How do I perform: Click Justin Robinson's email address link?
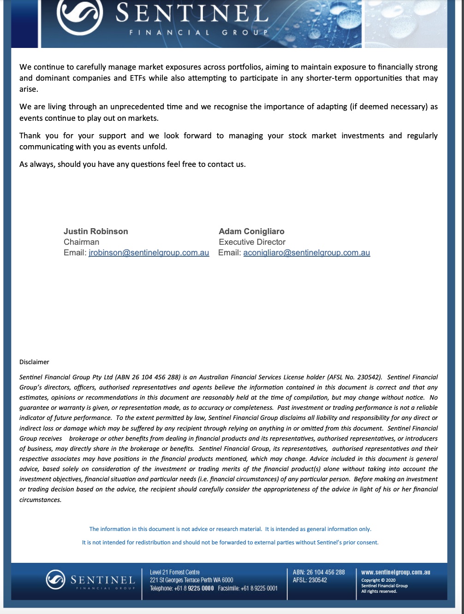[149, 253]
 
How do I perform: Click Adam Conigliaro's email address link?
[306, 253]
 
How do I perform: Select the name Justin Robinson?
[96, 231]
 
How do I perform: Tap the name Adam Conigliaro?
[251, 231]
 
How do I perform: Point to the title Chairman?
[81, 242]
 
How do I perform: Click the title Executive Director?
[252, 242]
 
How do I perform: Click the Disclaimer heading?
[34, 362]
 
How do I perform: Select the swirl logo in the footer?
[55, 579]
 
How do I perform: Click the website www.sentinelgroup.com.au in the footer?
[395, 572]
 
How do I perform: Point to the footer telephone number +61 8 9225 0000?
[194, 588]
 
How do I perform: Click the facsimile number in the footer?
[259, 588]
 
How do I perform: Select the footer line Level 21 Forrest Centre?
[174, 572]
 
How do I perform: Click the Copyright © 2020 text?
[378, 580]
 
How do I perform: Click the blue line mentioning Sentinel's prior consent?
[230, 543]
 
